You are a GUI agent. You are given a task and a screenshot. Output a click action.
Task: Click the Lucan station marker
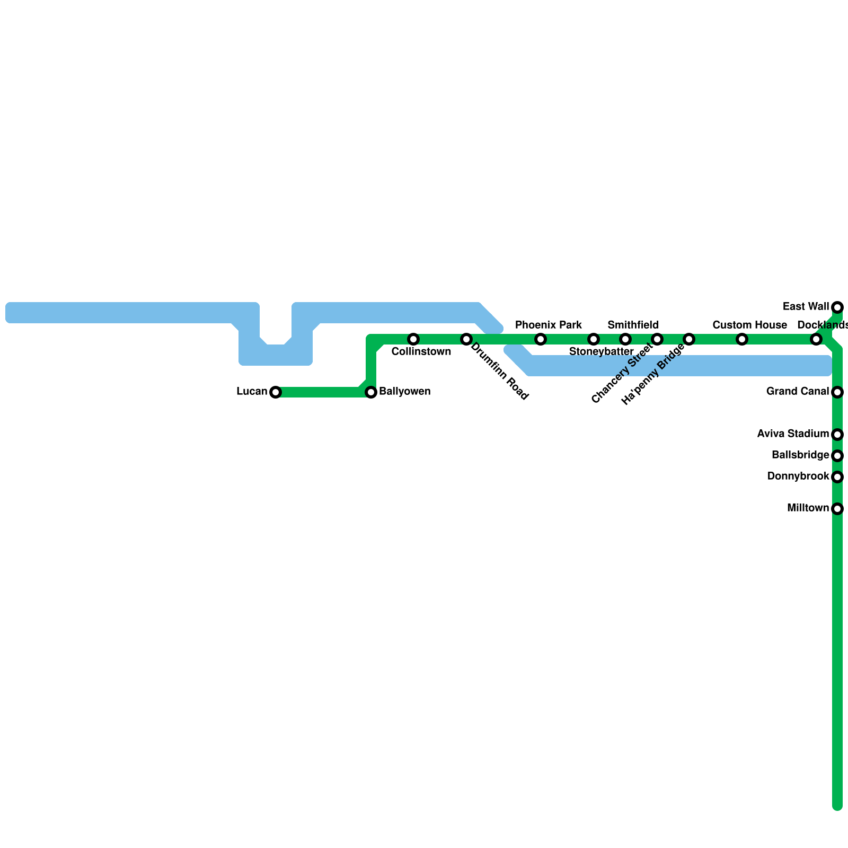[275, 392]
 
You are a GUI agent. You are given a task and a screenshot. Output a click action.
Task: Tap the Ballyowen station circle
[371, 392]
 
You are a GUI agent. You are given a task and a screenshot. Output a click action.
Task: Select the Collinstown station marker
[413, 339]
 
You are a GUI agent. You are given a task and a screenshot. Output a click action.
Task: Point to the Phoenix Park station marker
[541, 339]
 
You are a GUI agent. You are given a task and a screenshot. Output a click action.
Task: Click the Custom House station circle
[742, 339]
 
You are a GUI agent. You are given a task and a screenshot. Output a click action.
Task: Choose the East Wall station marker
[837, 307]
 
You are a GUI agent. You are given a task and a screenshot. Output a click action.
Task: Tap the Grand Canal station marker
[837, 392]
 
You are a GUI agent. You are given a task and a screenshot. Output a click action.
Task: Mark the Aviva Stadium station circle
[837, 435]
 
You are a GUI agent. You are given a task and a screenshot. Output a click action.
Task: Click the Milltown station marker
[837, 509]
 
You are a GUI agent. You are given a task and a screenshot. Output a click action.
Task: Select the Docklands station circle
[816, 339]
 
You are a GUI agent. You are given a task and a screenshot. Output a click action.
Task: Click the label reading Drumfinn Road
[499, 372]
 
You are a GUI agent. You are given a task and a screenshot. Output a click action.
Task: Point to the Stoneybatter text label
[602, 351]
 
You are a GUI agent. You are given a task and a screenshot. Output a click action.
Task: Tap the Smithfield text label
[633, 325]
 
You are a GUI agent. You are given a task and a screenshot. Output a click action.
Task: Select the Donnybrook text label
[798, 476]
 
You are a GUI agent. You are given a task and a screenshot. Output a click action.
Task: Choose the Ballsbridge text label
[800, 455]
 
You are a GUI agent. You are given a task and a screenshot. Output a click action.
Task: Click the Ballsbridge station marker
[837, 455]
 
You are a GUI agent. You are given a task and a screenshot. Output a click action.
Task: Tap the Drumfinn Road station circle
[466, 339]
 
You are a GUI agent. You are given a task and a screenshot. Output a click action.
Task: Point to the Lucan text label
[252, 392]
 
